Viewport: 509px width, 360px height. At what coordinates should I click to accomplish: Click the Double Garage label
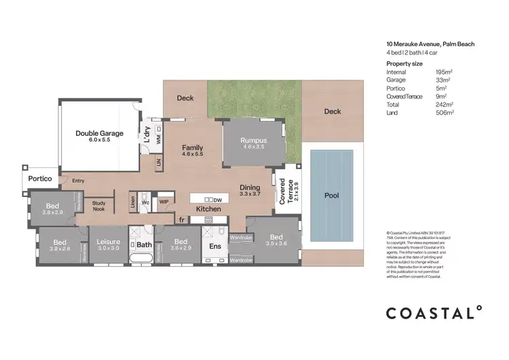99,134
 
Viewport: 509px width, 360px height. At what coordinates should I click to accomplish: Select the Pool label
331,196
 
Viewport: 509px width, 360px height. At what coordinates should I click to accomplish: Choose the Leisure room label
108,242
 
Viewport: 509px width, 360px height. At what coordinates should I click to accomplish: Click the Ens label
216,247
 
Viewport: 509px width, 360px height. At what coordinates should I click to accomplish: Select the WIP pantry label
164,202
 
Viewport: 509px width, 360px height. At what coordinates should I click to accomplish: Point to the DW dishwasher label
217,200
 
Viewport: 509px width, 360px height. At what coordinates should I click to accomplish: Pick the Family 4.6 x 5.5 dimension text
193,154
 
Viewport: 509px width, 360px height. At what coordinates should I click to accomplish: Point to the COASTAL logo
434,312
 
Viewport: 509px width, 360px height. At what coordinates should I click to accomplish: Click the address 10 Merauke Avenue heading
430,44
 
